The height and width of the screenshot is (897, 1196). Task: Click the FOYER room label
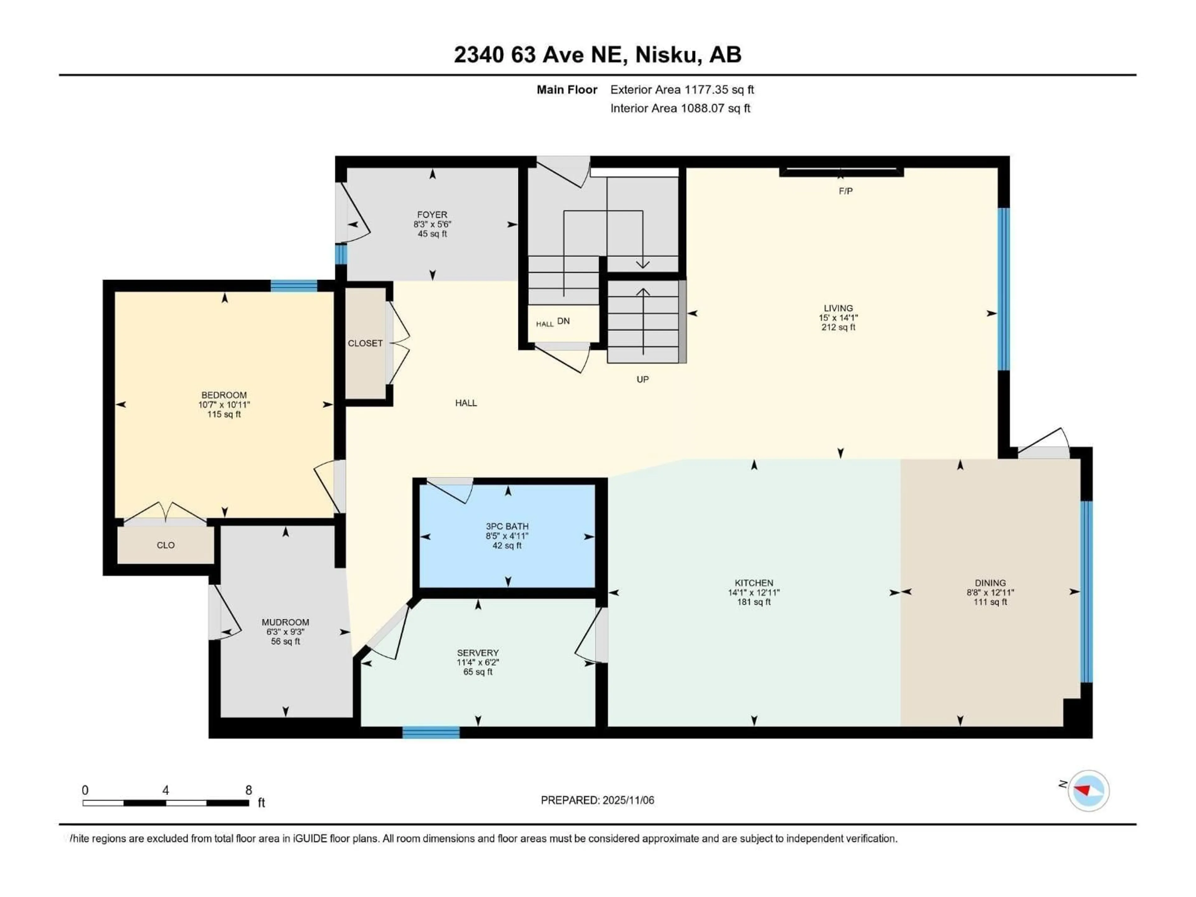click(432, 215)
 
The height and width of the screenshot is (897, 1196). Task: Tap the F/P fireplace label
click(846, 191)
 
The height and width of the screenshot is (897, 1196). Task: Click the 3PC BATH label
click(507, 526)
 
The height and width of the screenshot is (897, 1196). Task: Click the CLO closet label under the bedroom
click(165, 545)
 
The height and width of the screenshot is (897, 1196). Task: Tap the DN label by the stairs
click(563, 321)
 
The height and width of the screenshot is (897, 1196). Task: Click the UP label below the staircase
click(642, 380)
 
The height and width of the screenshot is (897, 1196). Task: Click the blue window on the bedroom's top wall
click(294, 286)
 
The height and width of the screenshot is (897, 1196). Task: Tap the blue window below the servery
click(431, 733)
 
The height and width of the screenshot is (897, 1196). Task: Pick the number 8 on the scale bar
click(249, 790)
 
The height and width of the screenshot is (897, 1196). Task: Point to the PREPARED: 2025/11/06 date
click(597, 800)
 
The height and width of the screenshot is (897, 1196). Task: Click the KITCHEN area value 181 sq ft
click(754, 602)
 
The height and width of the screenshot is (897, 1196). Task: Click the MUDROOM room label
click(286, 622)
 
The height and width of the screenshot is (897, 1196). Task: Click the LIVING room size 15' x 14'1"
click(838, 318)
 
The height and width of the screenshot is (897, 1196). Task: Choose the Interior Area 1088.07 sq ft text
click(680, 108)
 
